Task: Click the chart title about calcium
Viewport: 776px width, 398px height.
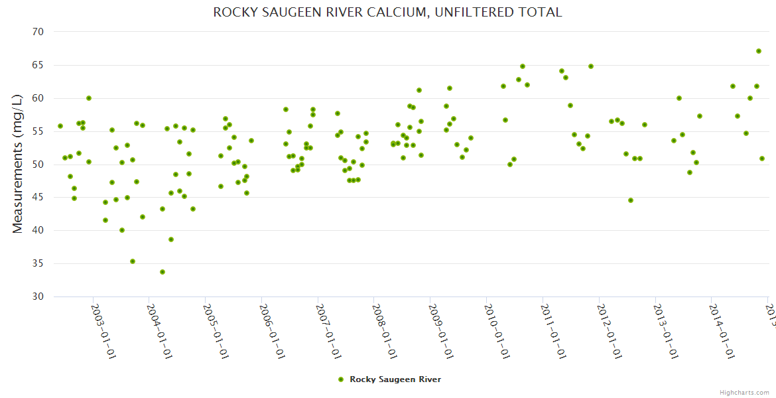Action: (387, 12)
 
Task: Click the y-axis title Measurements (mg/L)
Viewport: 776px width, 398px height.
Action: (18, 163)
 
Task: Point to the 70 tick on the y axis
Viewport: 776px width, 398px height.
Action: (38, 32)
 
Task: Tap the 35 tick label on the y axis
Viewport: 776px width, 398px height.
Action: (38, 264)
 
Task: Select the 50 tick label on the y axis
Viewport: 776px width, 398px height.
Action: (38, 165)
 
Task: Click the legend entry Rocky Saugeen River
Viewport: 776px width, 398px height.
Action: (395, 379)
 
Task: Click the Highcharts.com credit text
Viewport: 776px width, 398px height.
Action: (744, 392)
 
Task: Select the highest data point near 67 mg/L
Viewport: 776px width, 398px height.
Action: (758, 51)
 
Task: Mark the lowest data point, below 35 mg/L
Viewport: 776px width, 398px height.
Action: (162, 272)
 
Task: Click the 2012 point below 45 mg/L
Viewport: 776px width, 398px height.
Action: (631, 200)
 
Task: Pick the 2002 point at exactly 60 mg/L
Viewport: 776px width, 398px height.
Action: (89, 98)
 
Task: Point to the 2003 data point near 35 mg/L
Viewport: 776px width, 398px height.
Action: (133, 261)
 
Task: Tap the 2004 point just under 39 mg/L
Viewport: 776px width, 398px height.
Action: (171, 239)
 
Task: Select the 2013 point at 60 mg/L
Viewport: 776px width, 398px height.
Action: (679, 98)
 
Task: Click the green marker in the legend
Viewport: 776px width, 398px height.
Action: (341, 379)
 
